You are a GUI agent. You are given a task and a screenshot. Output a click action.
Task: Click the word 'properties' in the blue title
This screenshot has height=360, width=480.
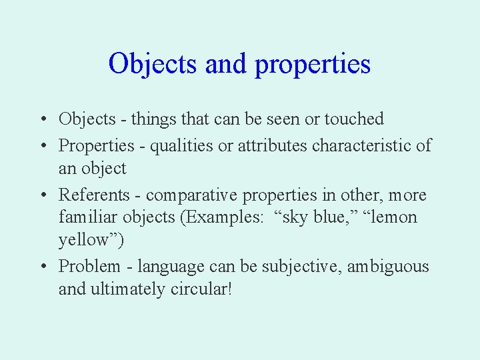(312, 65)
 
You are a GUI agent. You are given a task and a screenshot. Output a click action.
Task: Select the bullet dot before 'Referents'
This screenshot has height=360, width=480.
(42, 195)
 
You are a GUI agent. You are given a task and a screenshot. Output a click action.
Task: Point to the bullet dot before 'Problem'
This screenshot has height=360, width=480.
(42, 267)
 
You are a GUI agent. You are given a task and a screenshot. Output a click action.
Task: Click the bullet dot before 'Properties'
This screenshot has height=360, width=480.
(42, 145)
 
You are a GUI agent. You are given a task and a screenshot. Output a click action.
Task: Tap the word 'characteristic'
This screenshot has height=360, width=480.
(365, 145)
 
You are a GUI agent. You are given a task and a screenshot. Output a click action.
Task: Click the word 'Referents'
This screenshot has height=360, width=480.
(94, 195)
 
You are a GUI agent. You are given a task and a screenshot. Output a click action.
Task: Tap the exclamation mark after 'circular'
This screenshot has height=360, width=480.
(229, 289)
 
